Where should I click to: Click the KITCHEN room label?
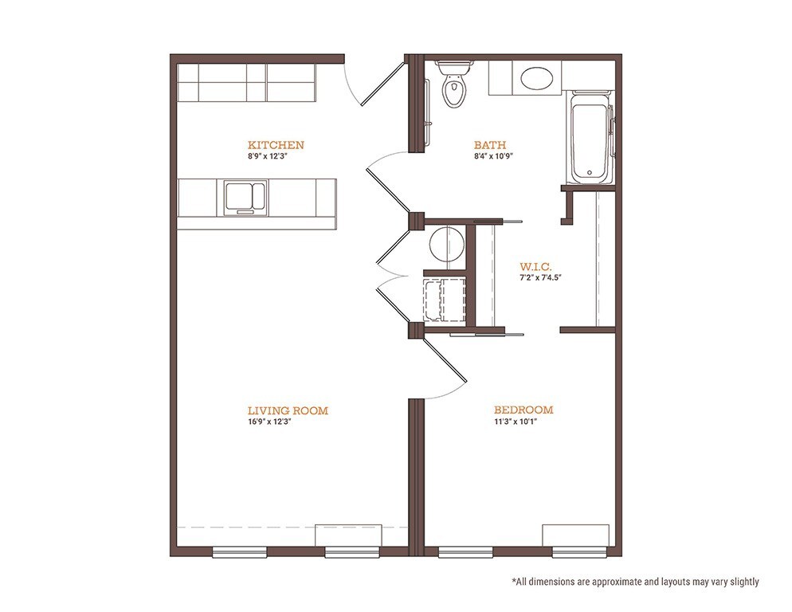(276, 145)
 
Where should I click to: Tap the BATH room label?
(490, 145)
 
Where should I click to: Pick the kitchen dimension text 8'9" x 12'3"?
(276, 157)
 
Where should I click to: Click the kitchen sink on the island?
(245, 198)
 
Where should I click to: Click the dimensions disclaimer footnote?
(635, 582)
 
